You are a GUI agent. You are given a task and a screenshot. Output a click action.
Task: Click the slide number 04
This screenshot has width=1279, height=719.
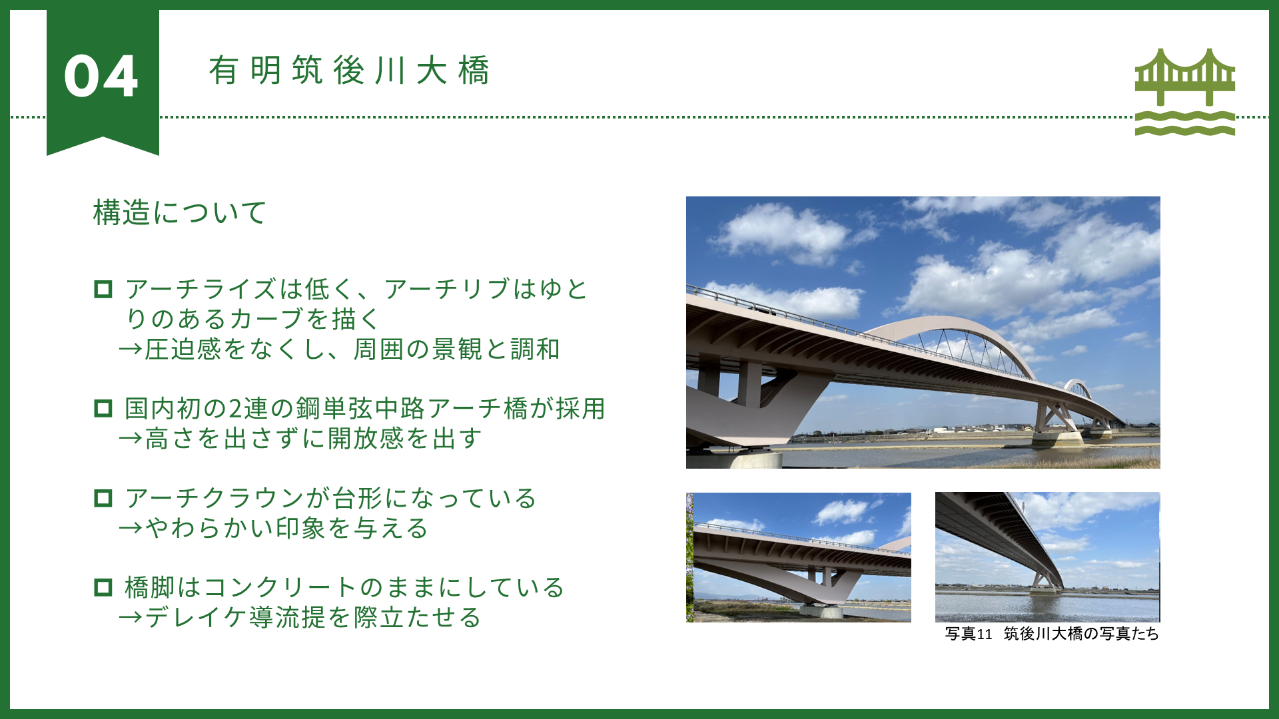click(x=101, y=77)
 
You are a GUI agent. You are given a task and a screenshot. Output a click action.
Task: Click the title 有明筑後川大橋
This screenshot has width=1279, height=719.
click(x=350, y=71)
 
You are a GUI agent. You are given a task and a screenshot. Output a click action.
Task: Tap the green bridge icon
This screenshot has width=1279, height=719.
click(x=1185, y=91)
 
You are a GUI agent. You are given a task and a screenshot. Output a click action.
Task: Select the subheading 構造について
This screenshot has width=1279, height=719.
click(x=180, y=213)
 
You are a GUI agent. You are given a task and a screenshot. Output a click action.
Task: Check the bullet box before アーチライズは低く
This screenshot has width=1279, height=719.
click(x=103, y=290)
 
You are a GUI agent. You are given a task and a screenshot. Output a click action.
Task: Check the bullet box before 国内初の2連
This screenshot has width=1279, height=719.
click(x=103, y=408)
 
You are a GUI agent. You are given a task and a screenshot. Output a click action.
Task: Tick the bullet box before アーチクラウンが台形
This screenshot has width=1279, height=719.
click(x=103, y=498)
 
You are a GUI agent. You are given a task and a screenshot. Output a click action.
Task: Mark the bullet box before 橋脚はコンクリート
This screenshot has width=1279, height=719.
click(x=103, y=587)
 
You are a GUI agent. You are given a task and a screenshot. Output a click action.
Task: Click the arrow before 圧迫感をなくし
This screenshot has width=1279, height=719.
click(x=131, y=350)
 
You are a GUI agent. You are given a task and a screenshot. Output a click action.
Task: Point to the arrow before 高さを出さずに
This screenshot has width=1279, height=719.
click(x=131, y=439)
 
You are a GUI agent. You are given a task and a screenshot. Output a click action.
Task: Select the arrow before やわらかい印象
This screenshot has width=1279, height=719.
click(x=131, y=529)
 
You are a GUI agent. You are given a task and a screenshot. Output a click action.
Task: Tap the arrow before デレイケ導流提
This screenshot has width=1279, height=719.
click(x=131, y=618)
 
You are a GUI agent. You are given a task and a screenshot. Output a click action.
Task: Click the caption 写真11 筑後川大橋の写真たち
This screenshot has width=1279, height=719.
click(x=1052, y=634)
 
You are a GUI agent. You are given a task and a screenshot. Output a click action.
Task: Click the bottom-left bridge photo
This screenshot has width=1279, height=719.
click(x=799, y=557)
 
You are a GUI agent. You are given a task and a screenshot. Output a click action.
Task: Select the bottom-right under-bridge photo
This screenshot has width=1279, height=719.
click(x=1048, y=557)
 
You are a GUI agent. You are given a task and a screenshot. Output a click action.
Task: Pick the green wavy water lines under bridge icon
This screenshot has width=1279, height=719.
click(x=1185, y=122)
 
